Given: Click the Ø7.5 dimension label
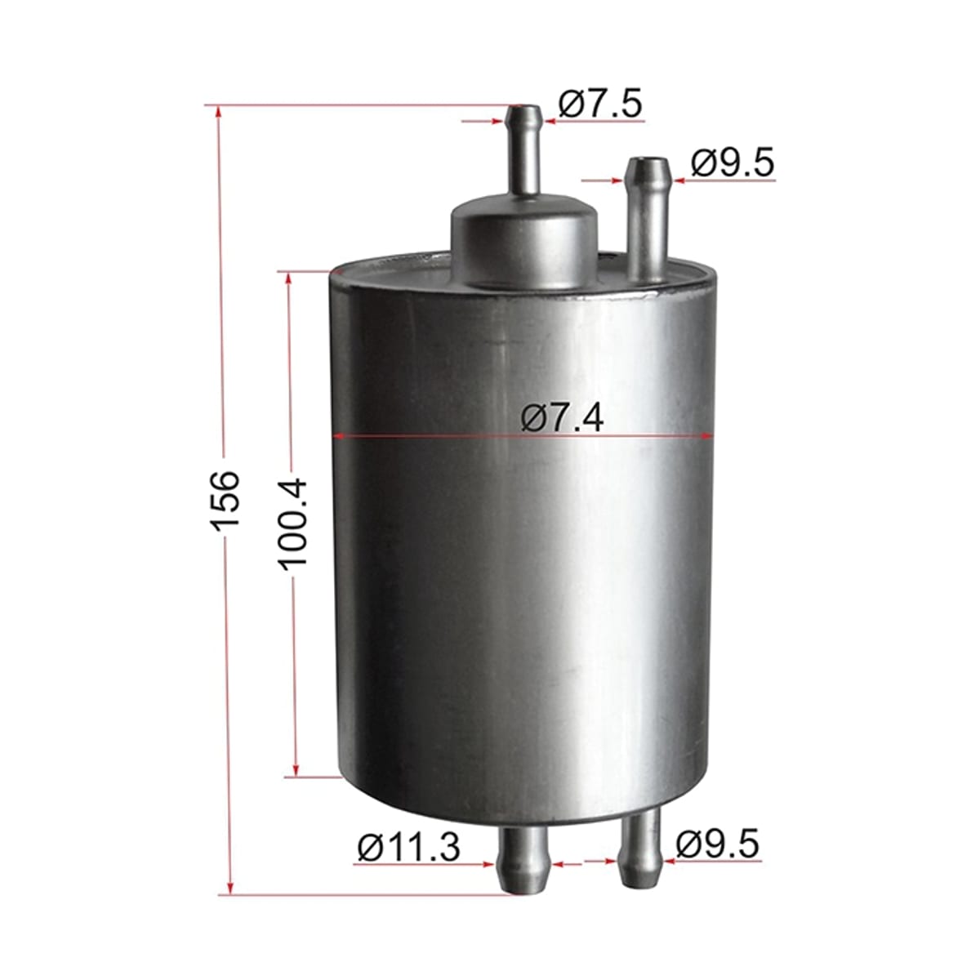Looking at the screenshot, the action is (x=600, y=104).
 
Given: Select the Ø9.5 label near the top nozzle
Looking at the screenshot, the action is (x=733, y=163).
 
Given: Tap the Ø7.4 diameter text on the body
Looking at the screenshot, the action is (x=563, y=419).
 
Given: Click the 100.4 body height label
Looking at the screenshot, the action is (x=293, y=523).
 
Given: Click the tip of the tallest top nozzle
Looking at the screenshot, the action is (x=525, y=108).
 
